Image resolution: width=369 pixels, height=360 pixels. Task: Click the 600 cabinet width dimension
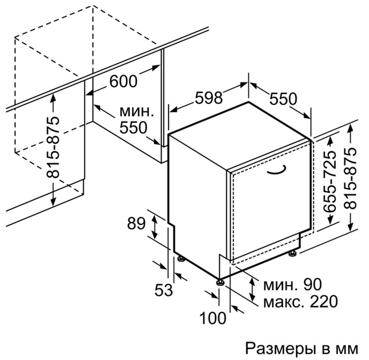point(123,81)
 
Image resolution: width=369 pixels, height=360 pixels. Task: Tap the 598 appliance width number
point(209,98)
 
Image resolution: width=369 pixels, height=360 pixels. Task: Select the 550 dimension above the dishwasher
point(283,99)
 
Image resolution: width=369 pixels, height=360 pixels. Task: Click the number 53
point(164,290)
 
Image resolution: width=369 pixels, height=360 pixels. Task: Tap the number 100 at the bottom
point(213,318)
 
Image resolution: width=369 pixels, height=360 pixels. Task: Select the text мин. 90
point(292,284)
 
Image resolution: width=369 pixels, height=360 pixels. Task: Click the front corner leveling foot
point(221,282)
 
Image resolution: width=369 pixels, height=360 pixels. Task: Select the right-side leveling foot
point(293,254)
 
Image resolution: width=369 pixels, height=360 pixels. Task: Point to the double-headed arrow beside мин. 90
point(253,289)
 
